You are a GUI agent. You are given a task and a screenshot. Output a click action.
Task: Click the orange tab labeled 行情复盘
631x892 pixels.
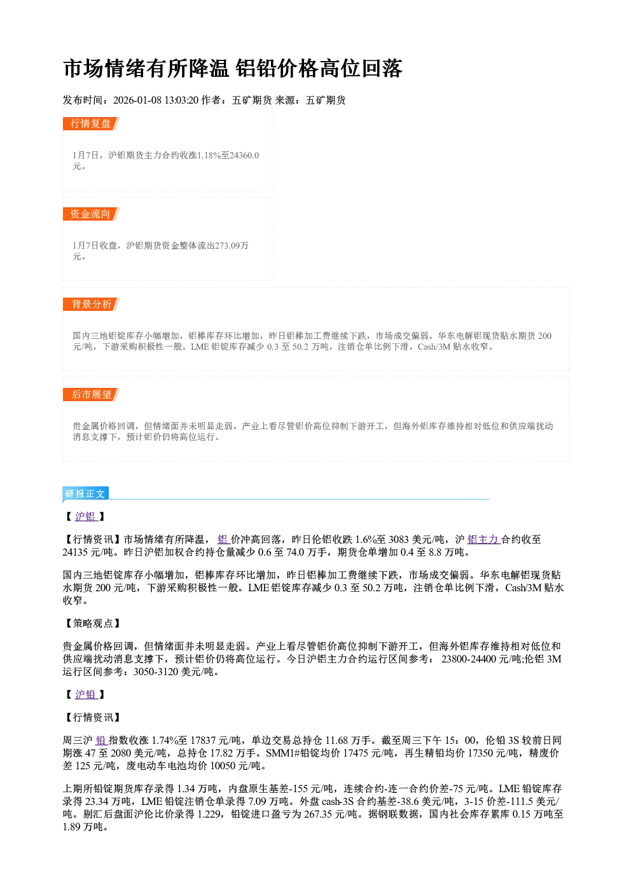[91, 124]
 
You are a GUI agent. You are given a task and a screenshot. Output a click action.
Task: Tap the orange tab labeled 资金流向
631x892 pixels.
[91, 214]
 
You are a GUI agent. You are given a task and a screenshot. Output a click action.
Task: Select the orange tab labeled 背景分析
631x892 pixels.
[91, 305]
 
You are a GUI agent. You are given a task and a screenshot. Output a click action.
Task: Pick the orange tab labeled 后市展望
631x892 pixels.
[91, 395]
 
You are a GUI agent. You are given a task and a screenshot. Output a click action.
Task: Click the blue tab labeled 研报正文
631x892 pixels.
[85, 494]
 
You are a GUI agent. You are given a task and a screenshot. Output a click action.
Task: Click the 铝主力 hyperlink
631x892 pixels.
[483, 540]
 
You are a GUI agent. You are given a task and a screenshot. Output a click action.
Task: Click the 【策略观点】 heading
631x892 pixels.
[92, 624]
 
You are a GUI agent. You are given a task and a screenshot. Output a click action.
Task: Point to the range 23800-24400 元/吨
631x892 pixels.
[482, 659]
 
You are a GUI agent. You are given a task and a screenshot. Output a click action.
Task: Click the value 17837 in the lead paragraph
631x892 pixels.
[203, 741]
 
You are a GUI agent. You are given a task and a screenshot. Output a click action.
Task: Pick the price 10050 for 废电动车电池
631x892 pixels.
[223, 766]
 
